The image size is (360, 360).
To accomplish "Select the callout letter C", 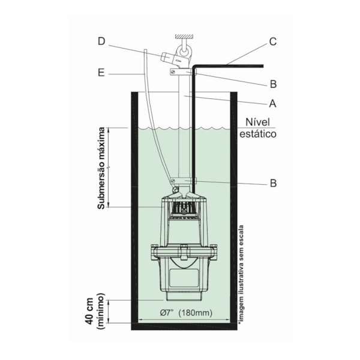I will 272,42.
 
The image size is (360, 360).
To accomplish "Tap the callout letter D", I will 101,41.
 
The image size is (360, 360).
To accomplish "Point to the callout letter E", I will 102,74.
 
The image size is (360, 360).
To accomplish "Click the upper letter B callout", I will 272,84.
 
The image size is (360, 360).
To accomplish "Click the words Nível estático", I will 257,129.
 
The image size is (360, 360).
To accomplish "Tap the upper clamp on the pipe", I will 179,72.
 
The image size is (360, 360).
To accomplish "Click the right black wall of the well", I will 232,210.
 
